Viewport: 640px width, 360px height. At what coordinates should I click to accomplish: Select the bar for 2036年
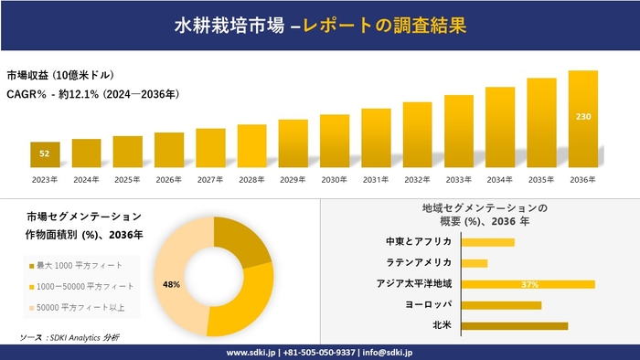pyautogui.click(x=582, y=119)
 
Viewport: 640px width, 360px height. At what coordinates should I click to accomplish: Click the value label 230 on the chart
pyautogui.click(x=582, y=117)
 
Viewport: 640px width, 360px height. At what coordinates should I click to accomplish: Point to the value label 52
pyautogui.click(x=45, y=154)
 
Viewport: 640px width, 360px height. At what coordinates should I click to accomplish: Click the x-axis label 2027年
pyautogui.click(x=210, y=180)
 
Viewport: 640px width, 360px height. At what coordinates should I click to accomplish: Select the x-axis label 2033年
pyautogui.click(x=459, y=180)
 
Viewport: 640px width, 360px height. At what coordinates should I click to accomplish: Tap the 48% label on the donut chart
pyautogui.click(x=171, y=284)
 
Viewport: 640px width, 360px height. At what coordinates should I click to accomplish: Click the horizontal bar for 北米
pyautogui.click(x=515, y=325)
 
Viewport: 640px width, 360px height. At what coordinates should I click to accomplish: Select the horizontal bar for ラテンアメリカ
pyautogui.click(x=475, y=263)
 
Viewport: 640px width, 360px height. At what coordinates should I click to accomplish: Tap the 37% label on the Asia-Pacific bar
pyautogui.click(x=529, y=284)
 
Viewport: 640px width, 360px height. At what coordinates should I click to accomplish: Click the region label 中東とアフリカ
pyautogui.click(x=419, y=242)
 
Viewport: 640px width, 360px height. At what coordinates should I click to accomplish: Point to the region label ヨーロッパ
pyautogui.click(x=427, y=304)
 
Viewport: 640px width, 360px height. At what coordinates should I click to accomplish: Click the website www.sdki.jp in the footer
pyautogui.click(x=252, y=352)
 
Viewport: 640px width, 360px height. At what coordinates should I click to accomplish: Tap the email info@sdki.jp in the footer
pyautogui.click(x=388, y=352)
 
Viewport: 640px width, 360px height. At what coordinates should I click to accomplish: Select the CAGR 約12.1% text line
pyautogui.click(x=92, y=93)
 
